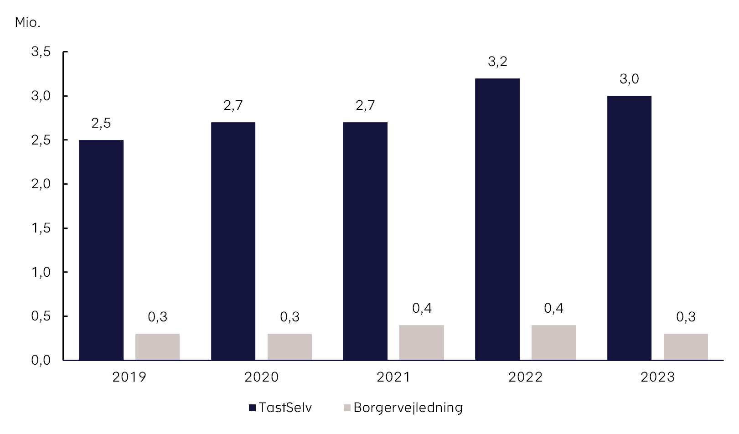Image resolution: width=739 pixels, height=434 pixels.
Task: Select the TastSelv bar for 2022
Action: (497, 219)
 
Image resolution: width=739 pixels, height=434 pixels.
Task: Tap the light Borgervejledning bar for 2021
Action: (421, 342)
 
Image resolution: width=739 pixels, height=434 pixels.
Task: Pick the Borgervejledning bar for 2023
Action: (685, 347)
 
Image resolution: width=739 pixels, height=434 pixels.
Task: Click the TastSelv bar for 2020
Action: (233, 241)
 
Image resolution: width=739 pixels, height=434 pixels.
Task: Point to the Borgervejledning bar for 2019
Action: (157, 347)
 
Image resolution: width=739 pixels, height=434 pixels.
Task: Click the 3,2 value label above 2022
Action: (497, 62)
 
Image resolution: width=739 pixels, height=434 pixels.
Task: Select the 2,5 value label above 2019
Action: (101, 123)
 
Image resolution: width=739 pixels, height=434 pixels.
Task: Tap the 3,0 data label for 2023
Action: (629, 79)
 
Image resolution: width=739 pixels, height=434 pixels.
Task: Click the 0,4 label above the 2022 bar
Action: (553, 309)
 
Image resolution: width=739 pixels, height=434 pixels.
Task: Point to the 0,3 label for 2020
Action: (289, 317)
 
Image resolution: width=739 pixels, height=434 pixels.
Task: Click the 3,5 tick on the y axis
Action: (41, 52)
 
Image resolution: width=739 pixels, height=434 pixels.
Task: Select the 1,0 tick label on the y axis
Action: (41, 272)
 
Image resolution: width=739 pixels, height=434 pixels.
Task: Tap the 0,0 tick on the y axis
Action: (41, 360)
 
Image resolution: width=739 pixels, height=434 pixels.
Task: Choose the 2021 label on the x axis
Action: (393, 377)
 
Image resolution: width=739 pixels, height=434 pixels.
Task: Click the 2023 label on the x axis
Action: (657, 377)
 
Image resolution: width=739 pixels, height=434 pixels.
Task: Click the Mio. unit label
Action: (27, 22)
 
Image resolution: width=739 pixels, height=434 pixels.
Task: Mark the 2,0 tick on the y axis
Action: (41, 184)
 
